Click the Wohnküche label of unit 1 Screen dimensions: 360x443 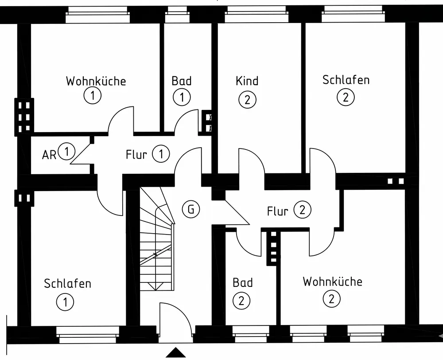tap(96, 81)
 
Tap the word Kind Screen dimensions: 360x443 tap(247, 81)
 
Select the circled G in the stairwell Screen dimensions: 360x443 tap(191, 209)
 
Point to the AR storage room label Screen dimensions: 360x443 tap(49, 155)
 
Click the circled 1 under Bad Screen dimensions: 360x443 tap(182, 97)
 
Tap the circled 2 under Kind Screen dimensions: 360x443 tap(247, 99)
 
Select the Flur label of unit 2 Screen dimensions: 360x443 tap(278, 211)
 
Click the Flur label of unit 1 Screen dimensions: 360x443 tap(136, 155)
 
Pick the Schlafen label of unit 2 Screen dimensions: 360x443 tap(346, 80)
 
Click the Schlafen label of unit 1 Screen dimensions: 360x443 tap(67, 283)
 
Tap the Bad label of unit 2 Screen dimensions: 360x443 tap(243, 282)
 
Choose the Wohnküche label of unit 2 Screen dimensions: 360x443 tap(332, 282)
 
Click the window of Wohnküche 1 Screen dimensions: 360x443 tap(98, 16)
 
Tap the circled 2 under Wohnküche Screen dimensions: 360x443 tap(331, 299)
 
